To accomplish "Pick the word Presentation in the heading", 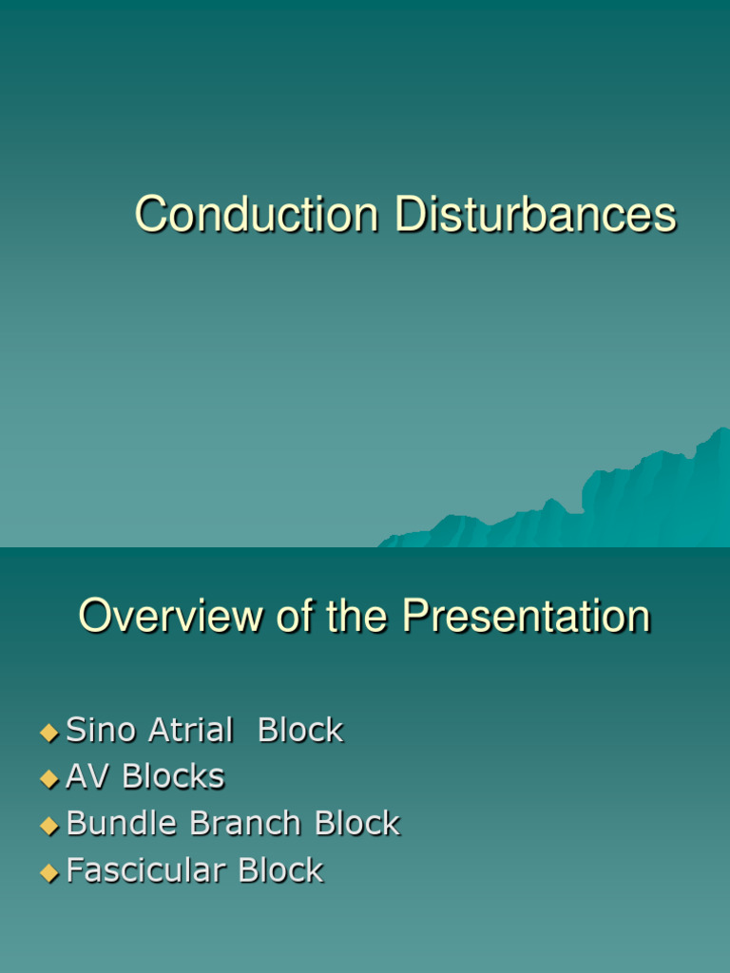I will click(526, 618).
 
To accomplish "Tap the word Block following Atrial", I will click(300, 731).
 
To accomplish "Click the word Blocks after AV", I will click(173, 777).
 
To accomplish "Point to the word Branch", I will click(248, 824).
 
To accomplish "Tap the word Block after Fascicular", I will click(280, 870).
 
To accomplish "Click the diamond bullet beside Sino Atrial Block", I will click(49, 733).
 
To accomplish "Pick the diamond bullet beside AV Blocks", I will click(49, 779).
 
